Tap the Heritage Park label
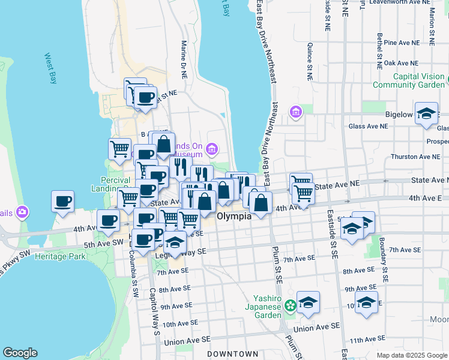pyautogui.click(x=60, y=256)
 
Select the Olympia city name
pyautogui.click(x=234, y=216)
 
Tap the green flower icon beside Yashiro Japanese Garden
pyautogui.click(x=290, y=305)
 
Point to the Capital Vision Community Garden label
pyautogui.click(x=411, y=80)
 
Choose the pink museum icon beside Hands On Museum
pyautogui.click(x=211, y=148)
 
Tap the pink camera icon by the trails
pyautogui.click(x=22, y=211)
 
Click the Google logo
pyautogui.click(x=20, y=353)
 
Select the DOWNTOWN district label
pyautogui.click(x=232, y=354)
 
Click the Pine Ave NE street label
pyautogui.click(x=401, y=43)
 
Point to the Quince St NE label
pyautogui.click(x=310, y=61)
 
